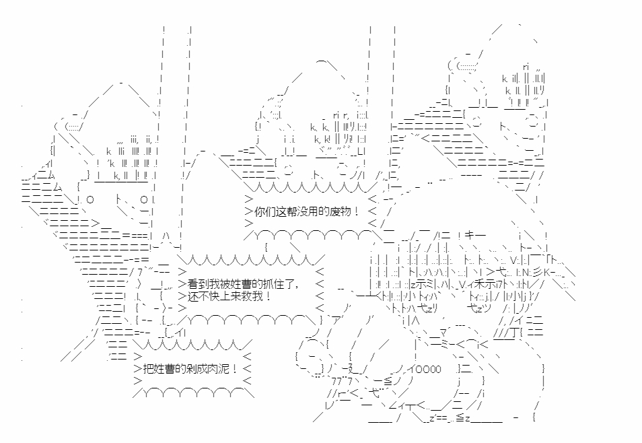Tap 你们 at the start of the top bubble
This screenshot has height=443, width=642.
click(265, 211)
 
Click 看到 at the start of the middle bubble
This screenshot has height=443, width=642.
click(198, 284)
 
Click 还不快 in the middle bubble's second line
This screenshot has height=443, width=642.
click(203, 296)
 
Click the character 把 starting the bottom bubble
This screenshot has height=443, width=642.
click(148, 368)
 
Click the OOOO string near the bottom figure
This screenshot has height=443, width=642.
click(428, 369)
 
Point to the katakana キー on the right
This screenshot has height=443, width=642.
click(475, 236)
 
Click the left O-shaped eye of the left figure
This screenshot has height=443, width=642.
click(90, 200)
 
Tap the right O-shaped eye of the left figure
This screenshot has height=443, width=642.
click(144, 200)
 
